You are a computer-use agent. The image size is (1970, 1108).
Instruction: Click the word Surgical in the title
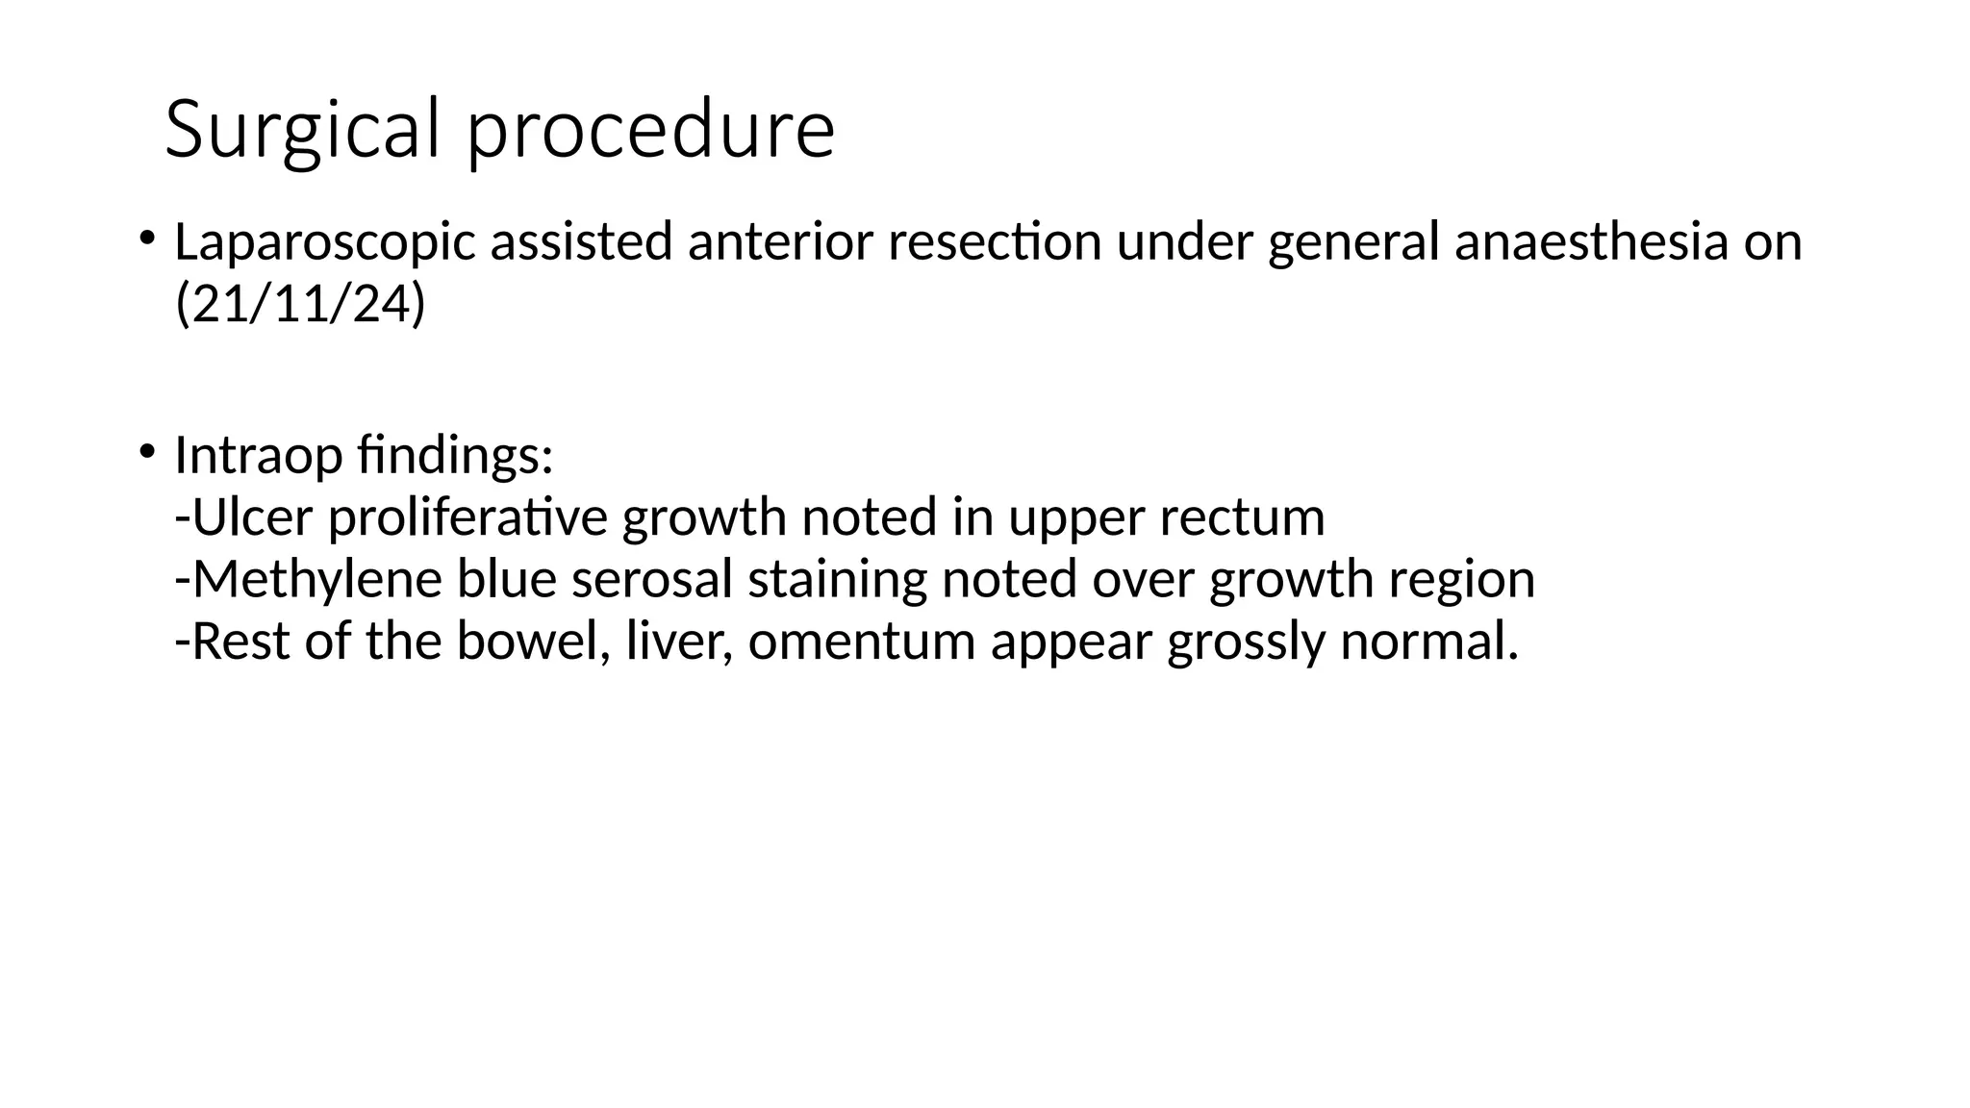[x=302, y=130]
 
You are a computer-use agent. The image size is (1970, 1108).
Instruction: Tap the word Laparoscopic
[x=325, y=243]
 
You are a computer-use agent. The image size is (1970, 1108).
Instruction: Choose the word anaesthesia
[x=1591, y=241]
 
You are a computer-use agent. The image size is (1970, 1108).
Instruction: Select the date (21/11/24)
[x=300, y=305]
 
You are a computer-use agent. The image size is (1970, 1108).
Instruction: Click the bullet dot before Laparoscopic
[x=146, y=237]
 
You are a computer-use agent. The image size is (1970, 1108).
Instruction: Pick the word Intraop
[x=259, y=457]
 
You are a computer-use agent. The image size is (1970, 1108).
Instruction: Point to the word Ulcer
[x=252, y=517]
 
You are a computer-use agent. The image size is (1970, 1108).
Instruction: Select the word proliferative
[x=467, y=519]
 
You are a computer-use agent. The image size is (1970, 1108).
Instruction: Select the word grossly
[x=1246, y=642]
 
